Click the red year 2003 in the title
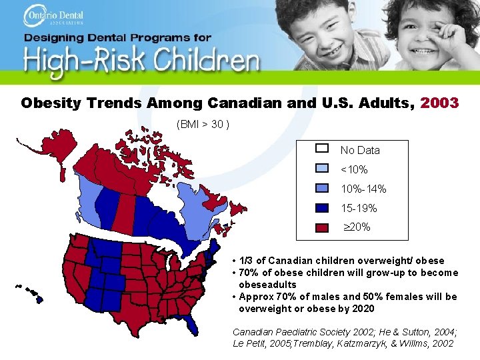(x=439, y=103)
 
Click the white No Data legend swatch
(x=322, y=149)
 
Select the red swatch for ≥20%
(x=322, y=227)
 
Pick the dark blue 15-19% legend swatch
(x=322, y=207)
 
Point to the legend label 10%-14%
(x=363, y=189)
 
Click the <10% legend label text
(x=354, y=170)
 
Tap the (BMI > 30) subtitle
(x=203, y=124)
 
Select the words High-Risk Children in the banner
(x=141, y=61)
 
